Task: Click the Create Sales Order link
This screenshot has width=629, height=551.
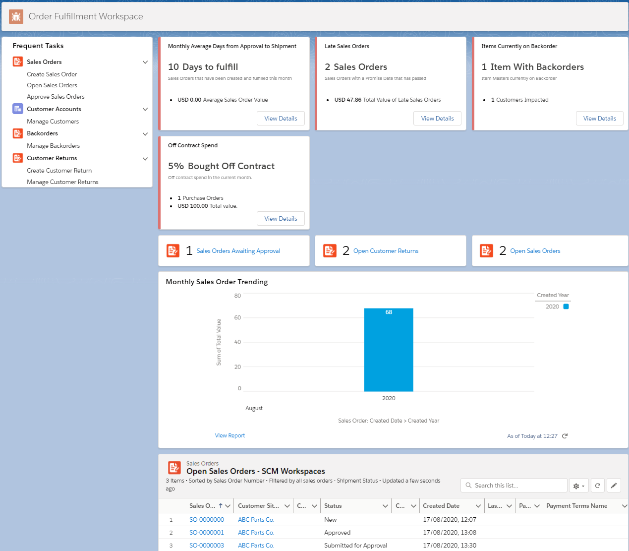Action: click(52, 74)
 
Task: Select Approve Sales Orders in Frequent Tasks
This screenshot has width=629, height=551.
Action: click(56, 97)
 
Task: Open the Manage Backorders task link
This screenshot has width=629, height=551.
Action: click(53, 146)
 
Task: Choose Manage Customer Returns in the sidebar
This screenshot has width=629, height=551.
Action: click(62, 182)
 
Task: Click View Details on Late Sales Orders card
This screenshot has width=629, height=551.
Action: click(437, 119)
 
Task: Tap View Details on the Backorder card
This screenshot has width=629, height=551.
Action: click(599, 119)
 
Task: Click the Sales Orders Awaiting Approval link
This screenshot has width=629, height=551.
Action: click(238, 251)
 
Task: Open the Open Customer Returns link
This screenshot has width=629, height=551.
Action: click(386, 251)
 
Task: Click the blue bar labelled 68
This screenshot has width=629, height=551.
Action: click(389, 350)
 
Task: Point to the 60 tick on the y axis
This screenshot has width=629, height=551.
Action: click(237, 318)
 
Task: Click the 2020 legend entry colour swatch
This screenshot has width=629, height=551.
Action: click(566, 306)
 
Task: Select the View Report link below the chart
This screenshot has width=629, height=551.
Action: click(229, 435)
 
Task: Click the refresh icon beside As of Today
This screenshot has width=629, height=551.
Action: click(565, 436)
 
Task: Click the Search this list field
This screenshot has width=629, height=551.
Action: click(515, 486)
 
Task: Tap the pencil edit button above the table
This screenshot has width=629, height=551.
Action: click(614, 486)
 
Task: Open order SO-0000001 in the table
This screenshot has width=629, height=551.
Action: click(206, 533)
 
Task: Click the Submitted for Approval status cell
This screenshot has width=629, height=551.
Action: click(355, 546)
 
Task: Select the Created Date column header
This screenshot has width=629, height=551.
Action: click(441, 506)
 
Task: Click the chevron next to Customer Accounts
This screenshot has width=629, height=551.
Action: click(145, 109)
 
